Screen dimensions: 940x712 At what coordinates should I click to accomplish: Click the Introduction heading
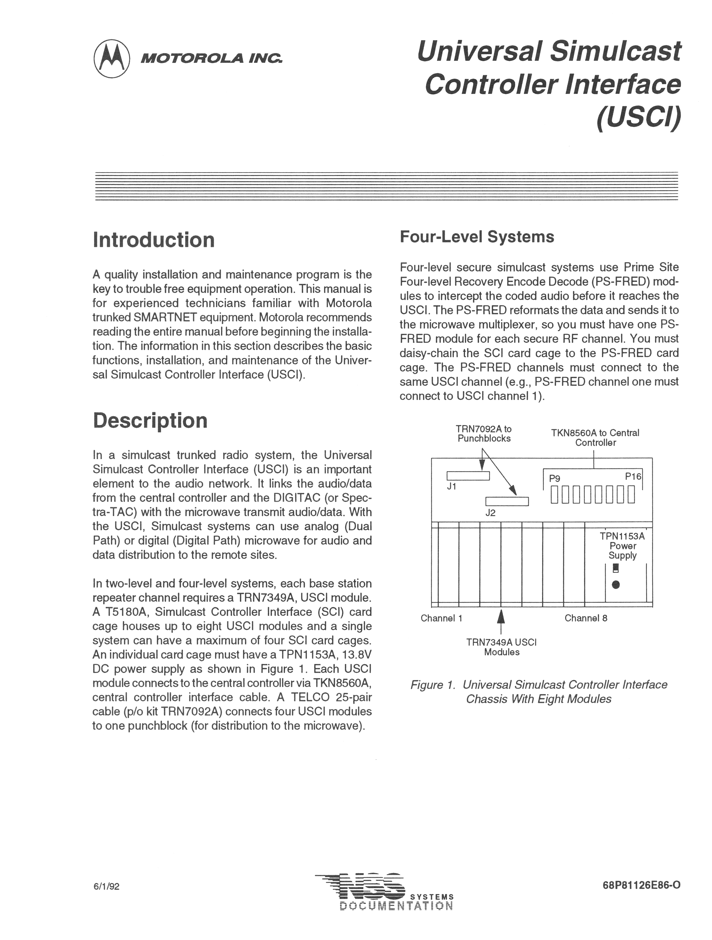pyautogui.click(x=154, y=240)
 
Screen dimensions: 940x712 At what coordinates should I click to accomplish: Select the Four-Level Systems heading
pyautogui.click(x=477, y=237)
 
